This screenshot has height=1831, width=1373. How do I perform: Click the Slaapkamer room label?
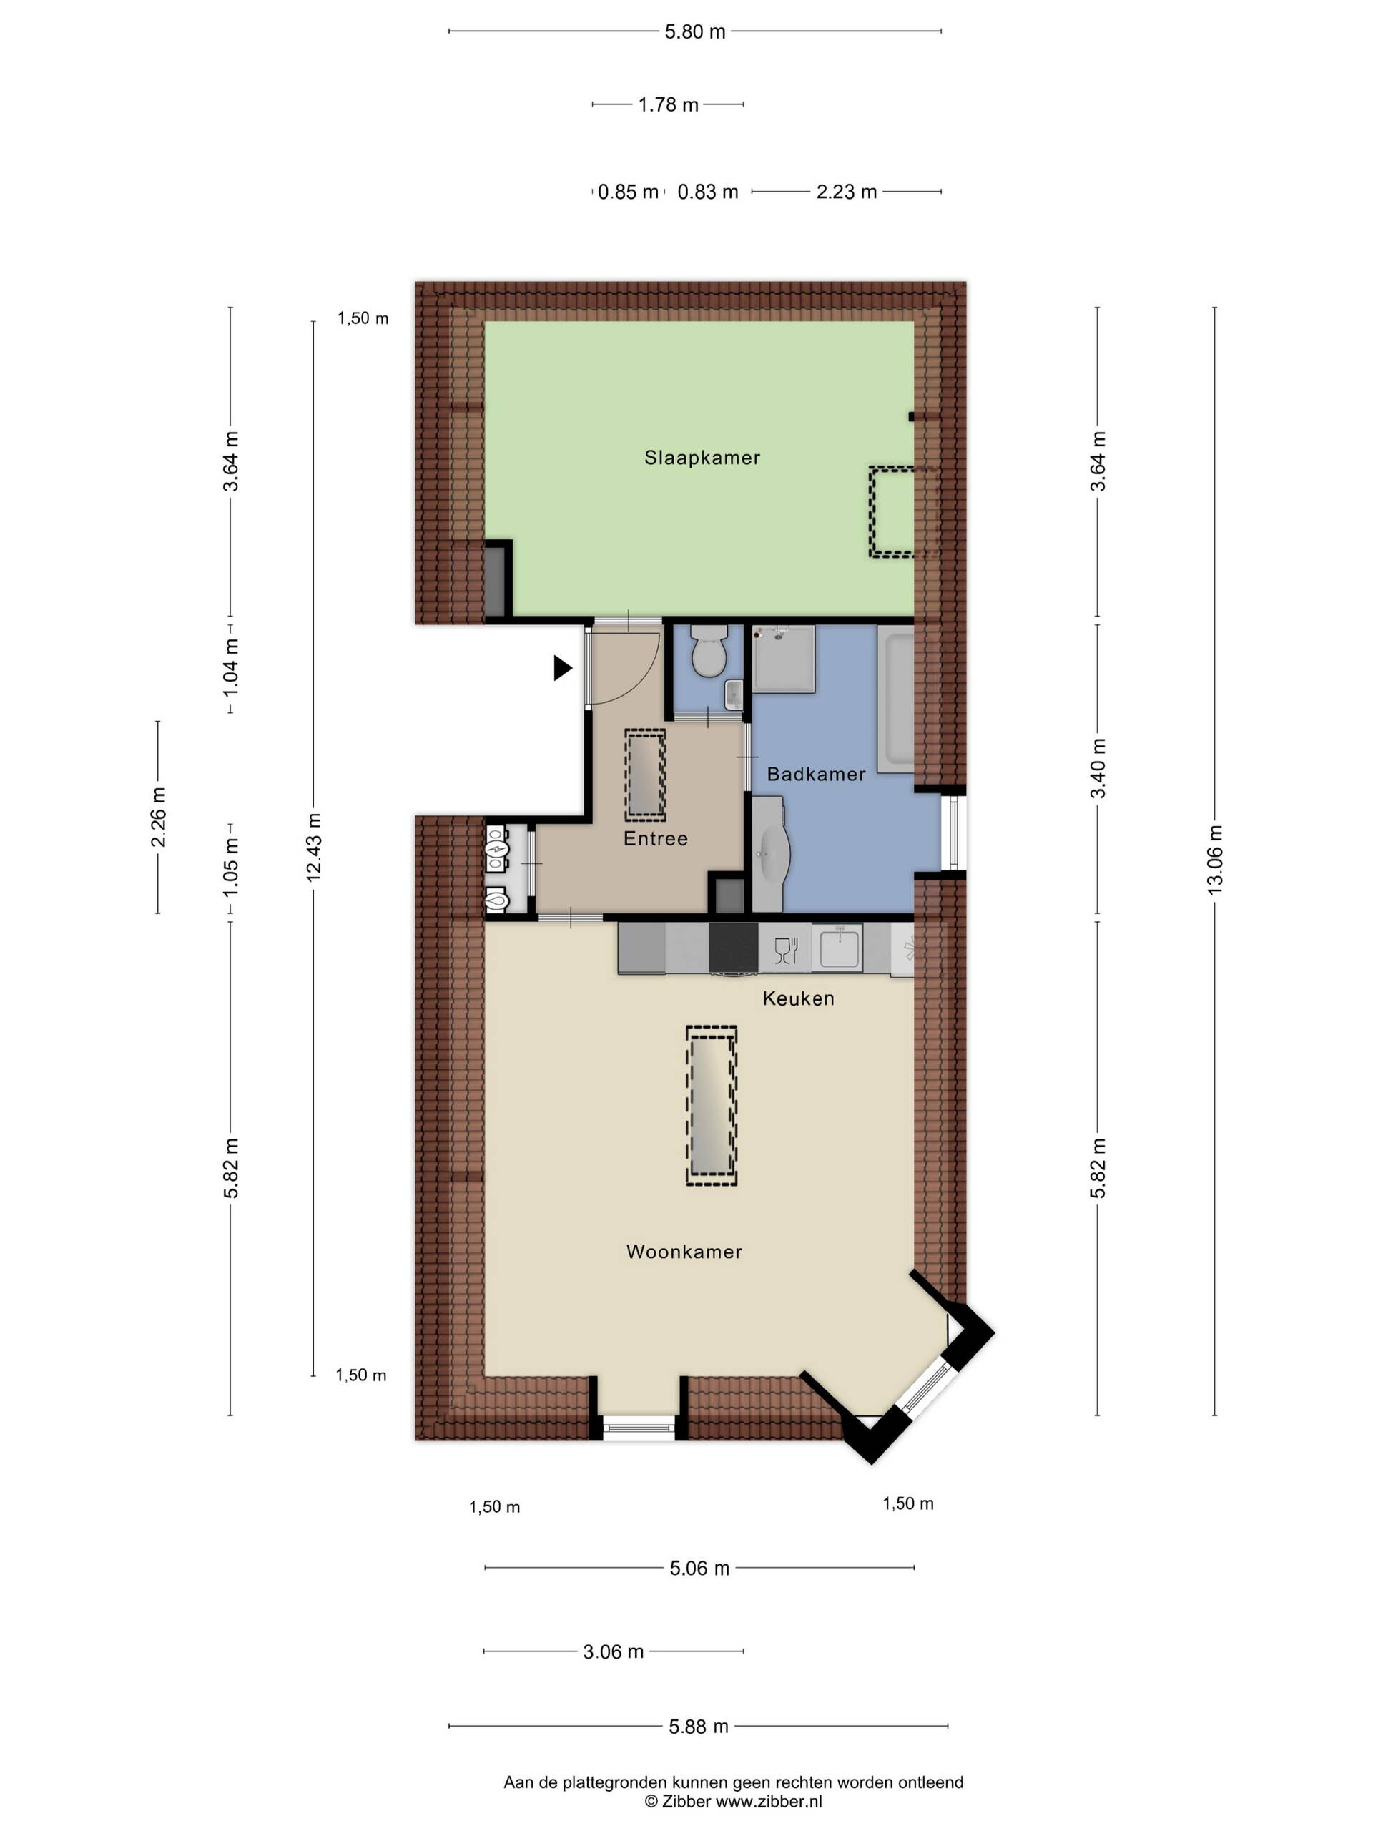702,458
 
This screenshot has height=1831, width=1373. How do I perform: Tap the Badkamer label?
816,774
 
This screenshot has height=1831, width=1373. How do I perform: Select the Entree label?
656,838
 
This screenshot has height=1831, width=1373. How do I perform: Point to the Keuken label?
798,998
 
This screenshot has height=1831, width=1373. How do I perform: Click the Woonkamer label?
684,1252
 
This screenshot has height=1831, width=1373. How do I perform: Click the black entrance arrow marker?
563,668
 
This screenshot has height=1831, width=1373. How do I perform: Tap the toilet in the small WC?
709,652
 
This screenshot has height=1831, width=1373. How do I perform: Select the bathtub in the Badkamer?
895,699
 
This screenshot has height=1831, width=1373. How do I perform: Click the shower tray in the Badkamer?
783,659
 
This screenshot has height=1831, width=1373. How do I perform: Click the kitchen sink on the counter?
837,947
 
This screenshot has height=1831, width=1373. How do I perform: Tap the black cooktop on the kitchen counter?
733,948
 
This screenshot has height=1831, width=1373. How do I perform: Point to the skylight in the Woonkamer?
712,1106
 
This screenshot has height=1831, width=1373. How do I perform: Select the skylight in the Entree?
645,775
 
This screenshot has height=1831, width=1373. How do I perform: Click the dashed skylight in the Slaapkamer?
903,511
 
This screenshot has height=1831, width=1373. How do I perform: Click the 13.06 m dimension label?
1214,860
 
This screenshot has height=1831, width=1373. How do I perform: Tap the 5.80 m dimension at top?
695,32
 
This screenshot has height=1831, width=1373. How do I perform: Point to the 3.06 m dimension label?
614,1652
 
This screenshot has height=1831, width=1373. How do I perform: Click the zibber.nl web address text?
769,1801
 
